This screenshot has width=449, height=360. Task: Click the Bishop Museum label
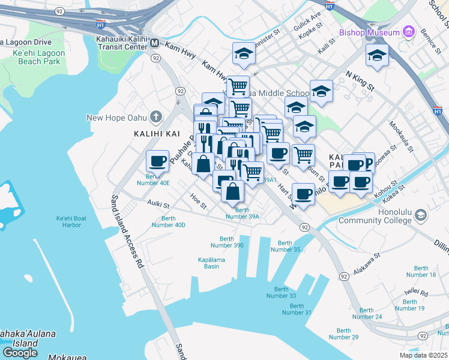coord(369,32)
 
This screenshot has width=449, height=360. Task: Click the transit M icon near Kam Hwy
coord(155,43)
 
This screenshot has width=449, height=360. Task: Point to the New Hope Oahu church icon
coord(157,116)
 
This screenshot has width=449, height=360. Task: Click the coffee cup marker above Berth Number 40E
coord(158,161)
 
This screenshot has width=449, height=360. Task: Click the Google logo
coord(20,352)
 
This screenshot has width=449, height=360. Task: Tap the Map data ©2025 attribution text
coord(423,355)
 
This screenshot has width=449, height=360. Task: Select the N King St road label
coord(360,79)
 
